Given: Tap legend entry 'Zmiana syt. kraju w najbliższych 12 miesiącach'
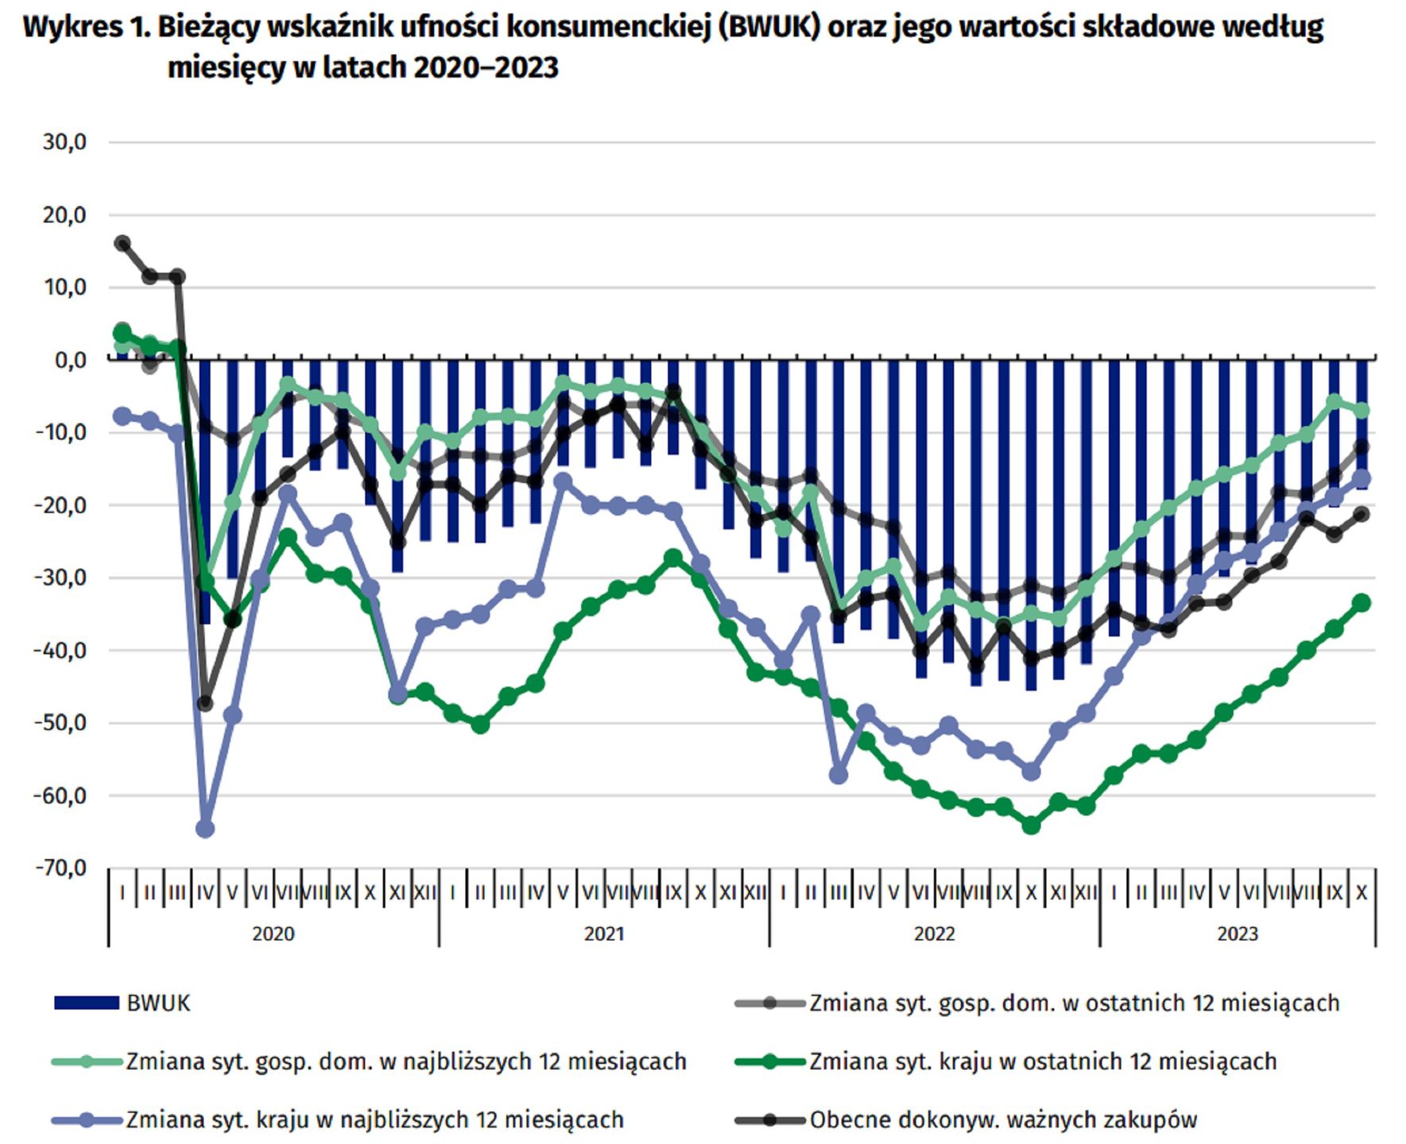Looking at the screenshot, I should (374, 1120).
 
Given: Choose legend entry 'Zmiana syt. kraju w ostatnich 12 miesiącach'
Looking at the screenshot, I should (1042, 1061).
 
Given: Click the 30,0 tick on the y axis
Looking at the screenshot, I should (65, 142).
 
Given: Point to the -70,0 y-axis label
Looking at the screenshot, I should (60, 868).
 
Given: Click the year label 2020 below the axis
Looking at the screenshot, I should (273, 933).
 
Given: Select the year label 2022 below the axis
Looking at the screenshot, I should (934, 933).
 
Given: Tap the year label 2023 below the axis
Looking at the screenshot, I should (1237, 933).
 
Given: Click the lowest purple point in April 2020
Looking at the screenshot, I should (205, 829).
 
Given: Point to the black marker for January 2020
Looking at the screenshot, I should (122, 243).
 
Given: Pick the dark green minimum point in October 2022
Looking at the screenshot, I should (1031, 825).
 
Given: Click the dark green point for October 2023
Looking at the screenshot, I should (1361, 603).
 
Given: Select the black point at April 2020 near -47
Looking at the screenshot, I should (205, 703).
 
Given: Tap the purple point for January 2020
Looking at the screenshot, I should (122, 416).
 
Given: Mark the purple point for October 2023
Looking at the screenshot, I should (1361, 478).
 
